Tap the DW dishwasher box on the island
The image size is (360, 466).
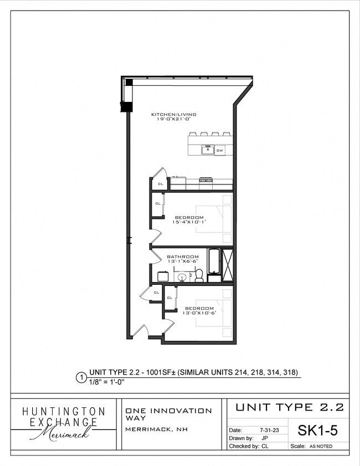click(x=220, y=150)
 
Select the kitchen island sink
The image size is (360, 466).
click(x=207, y=149)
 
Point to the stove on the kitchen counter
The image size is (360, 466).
click(x=206, y=180)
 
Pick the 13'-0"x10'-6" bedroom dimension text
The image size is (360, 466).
click(x=199, y=313)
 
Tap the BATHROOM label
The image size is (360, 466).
click(x=183, y=257)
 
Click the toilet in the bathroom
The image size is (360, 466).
click(x=199, y=275)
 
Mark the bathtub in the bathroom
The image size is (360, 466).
click(x=213, y=264)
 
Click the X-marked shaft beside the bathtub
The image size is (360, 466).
click(x=227, y=264)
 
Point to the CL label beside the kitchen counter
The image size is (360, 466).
click(x=161, y=184)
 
